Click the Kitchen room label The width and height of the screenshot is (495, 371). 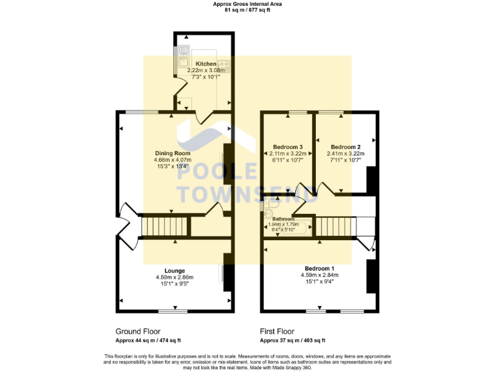pos(206,64)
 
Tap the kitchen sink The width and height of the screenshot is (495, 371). pos(184,50)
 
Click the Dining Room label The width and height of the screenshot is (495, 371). pos(173,153)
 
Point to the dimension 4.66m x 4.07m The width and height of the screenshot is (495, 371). pos(173,160)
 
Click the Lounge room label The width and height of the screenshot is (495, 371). pos(174,271)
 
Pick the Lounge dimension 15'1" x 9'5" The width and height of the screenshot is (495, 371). pos(174,284)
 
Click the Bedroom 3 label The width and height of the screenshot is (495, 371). pos(287,146)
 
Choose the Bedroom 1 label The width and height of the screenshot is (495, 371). pos(319,268)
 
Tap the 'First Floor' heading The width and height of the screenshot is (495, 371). pos(277,331)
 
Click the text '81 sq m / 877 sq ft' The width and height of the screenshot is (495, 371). pos(247,10)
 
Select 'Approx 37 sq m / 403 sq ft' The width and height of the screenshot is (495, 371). pos(293,341)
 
